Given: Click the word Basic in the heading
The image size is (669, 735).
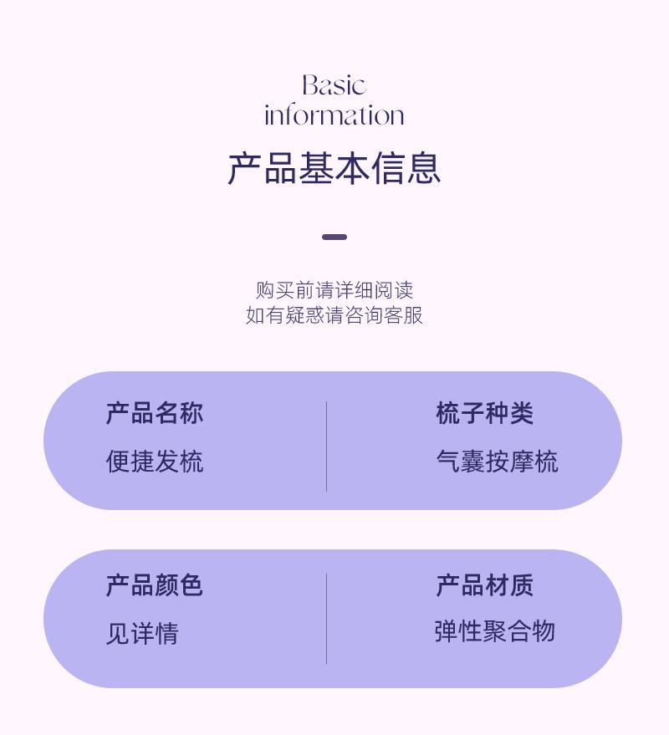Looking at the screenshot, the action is click(334, 85).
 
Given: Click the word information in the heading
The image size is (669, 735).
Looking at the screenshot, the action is click(334, 115).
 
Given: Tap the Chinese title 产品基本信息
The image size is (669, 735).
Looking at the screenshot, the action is click(334, 168).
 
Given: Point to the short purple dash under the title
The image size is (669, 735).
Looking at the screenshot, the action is click(334, 237).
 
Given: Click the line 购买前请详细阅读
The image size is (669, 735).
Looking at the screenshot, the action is click(334, 290).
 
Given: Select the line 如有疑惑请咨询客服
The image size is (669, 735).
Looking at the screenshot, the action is click(334, 315).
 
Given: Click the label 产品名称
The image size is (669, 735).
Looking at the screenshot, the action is click(154, 413).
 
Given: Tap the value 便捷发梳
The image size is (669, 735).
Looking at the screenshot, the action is click(154, 462).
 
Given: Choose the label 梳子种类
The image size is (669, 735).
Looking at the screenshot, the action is click(484, 413).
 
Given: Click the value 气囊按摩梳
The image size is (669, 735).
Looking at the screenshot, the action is click(497, 462).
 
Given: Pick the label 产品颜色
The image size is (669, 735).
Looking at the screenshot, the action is click(154, 585).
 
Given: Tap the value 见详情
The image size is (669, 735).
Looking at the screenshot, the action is click(142, 634).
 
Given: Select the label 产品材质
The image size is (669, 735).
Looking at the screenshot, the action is click(484, 585).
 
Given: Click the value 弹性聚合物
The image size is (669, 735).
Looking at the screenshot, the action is click(494, 631).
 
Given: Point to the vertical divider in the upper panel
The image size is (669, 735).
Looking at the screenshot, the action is click(326, 446).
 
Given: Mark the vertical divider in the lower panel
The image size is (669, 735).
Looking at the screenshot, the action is click(326, 619).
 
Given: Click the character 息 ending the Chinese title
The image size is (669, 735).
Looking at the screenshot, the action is click(423, 168).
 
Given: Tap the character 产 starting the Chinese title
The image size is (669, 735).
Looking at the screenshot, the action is click(244, 168).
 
